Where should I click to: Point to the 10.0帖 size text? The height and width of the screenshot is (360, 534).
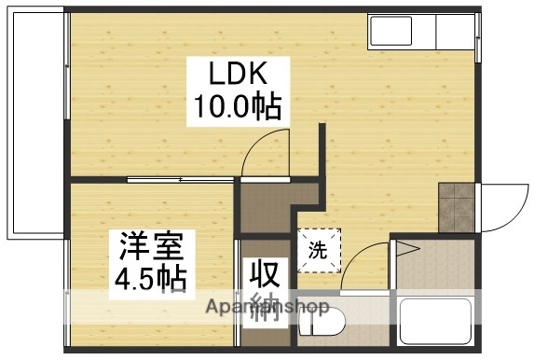tap(237, 107)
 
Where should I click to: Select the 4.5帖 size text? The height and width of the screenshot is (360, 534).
tap(151, 278)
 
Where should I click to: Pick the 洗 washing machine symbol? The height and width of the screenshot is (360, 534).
tap(319, 249)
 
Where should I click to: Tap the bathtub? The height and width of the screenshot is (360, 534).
tap(438, 322)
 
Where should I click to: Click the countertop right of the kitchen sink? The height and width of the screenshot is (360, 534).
tap(456, 34)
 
